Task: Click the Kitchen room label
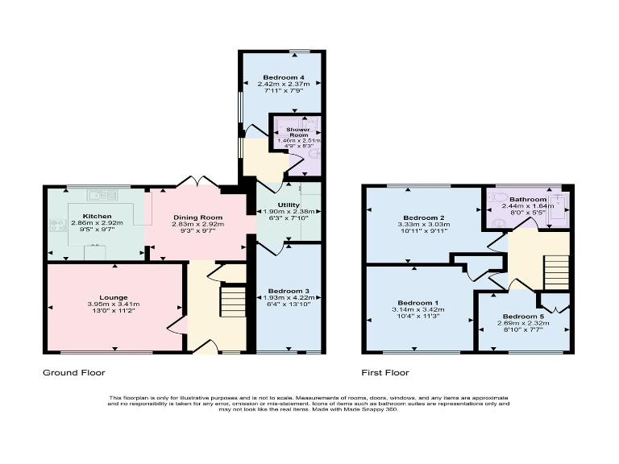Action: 96,217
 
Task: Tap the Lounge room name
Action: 114,296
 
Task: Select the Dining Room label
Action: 197,217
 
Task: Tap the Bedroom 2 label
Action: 426,218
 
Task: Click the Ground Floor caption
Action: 73,373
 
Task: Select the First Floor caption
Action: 384,373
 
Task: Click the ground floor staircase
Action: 233,304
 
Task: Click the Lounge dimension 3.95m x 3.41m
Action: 114,304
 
